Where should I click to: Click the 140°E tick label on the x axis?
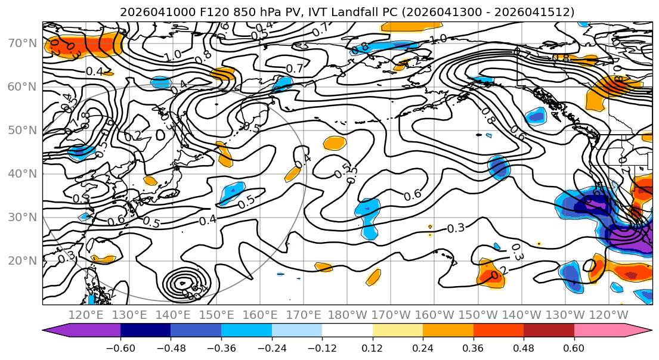click(174, 315)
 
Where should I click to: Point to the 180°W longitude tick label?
click(347, 315)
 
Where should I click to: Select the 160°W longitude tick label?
click(434, 315)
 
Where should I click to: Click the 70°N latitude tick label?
click(21, 43)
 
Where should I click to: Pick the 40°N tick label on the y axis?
click(21, 173)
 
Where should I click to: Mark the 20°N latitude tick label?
click(21, 260)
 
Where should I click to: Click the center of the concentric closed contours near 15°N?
click(182, 283)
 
